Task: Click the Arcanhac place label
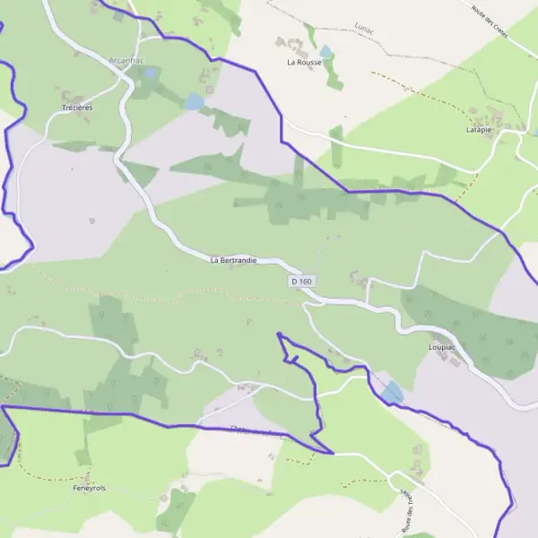pos(125,59)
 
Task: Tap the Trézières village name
pos(77,107)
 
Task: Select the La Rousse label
pos(304,63)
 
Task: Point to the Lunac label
pos(362,29)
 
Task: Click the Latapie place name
pos(479,129)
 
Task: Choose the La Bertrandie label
pos(233,260)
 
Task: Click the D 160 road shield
pos(302,282)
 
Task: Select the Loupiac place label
pos(444,344)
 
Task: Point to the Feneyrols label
pos(90,488)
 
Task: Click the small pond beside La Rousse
pos(326,52)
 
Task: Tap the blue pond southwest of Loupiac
pos(392,393)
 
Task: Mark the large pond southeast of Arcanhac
pos(194,102)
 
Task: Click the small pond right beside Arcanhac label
pos(151,73)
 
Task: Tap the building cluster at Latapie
pos(491,116)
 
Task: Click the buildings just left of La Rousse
pos(289,42)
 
